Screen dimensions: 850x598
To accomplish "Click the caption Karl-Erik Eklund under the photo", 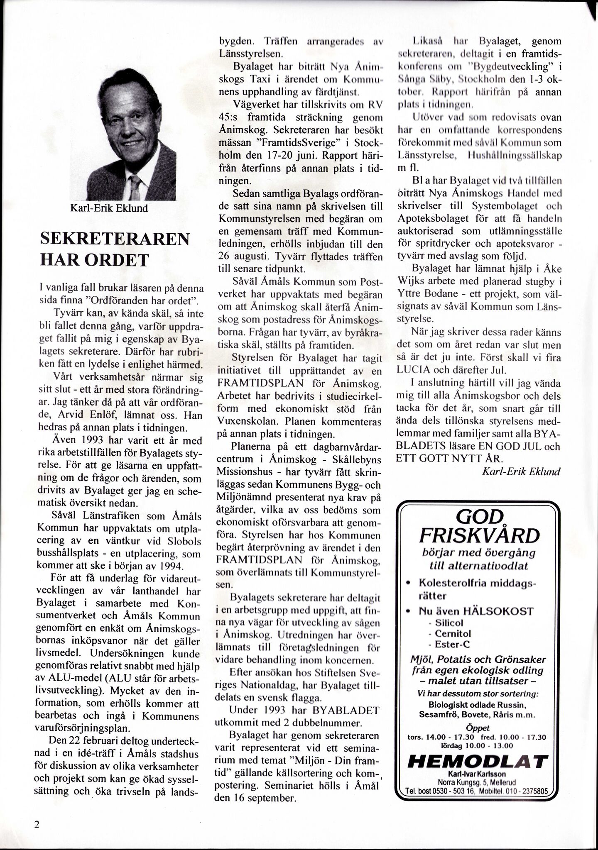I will point(109,208).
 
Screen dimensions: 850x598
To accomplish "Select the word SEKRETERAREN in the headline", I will point(115,239).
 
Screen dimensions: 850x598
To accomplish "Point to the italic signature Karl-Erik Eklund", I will point(521,471).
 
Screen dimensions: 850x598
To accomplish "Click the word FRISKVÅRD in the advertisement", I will point(479,536).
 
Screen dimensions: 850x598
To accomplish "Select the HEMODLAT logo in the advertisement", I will point(478,762).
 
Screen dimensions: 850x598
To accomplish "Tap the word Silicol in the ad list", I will point(449,623).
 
